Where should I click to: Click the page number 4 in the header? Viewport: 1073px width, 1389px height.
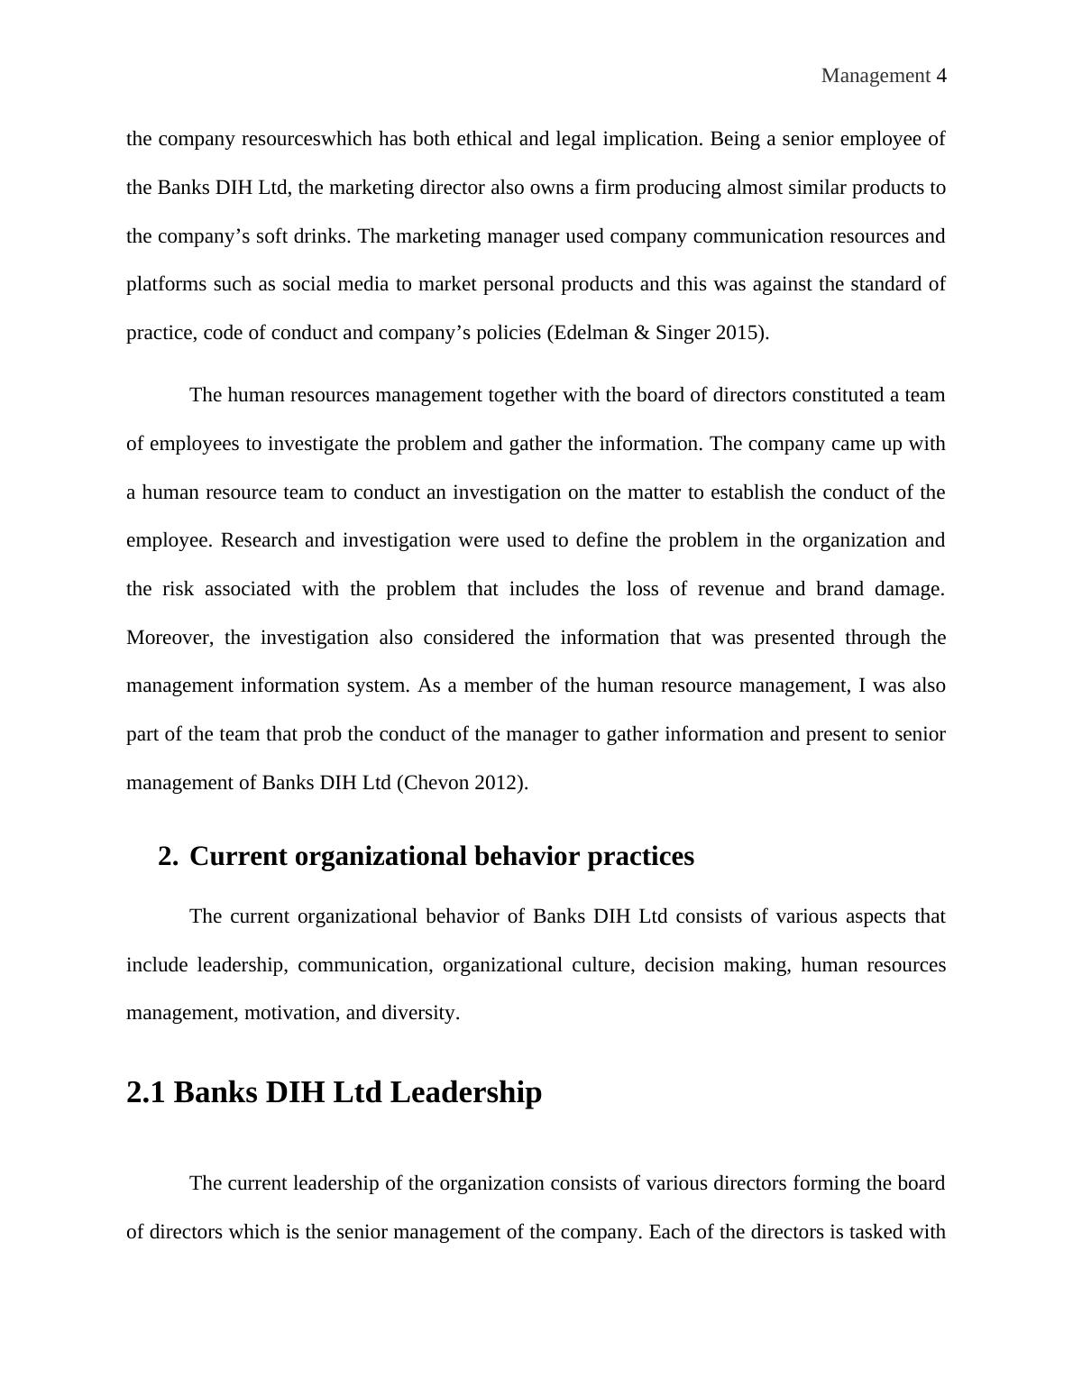tap(940, 76)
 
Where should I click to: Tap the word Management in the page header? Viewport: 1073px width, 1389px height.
tap(875, 76)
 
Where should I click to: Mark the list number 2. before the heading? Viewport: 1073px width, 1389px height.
tap(168, 856)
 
